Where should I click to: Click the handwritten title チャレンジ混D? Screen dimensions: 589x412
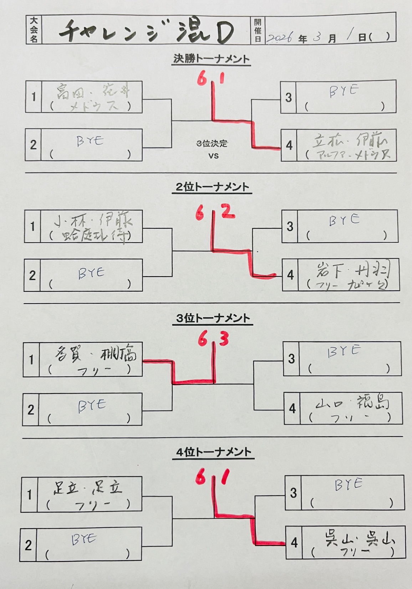[146, 31]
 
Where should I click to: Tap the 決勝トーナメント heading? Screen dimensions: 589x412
[211, 59]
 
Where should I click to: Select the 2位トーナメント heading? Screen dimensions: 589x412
[212, 187]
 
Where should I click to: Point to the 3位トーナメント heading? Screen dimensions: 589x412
[213, 318]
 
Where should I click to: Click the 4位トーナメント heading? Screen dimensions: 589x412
[214, 453]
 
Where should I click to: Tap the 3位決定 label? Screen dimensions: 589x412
[212, 144]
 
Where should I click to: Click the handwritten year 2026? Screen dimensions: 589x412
[280, 37]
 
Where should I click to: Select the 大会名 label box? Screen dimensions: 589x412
[34, 30]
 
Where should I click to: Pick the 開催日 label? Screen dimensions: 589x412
[258, 30]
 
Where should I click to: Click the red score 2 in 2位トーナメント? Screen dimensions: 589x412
[228, 211]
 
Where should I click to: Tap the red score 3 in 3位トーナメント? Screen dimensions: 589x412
[224, 340]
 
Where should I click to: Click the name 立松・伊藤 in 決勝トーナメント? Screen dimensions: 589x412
[350, 141]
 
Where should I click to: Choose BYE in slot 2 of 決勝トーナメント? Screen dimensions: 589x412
[90, 141]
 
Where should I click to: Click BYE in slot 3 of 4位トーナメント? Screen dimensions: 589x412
[349, 485]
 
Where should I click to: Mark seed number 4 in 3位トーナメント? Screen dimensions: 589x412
[292, 408]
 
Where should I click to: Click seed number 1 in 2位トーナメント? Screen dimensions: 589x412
[32, 226]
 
